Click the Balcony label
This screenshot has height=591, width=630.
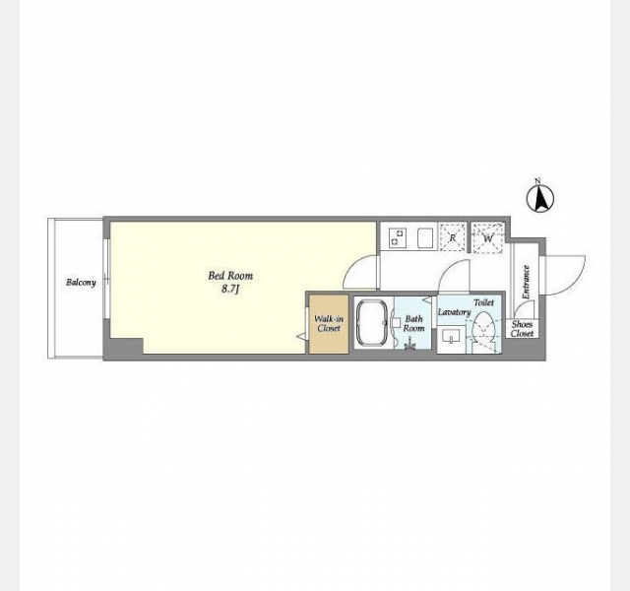81,283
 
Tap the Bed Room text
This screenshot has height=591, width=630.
230,276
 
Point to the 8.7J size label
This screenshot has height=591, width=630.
229,289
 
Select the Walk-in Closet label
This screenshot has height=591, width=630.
329,324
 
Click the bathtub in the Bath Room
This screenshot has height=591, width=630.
372,323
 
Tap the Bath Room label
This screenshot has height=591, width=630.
413,324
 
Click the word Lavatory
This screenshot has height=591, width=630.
454,312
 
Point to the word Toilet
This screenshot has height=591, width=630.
483,302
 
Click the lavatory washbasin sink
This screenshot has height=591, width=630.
452,336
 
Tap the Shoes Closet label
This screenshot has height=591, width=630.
522,329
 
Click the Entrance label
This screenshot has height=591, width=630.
526,283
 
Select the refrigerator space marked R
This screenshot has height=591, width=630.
453,237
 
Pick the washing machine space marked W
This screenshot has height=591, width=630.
488,238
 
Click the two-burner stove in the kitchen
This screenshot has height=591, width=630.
398,237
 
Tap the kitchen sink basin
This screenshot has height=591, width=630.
425,237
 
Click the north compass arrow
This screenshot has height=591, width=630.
540,198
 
